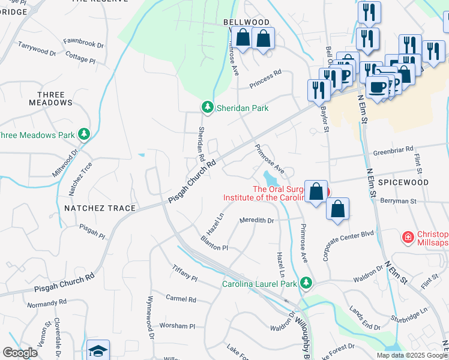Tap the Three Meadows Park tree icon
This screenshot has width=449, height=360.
(84, 134)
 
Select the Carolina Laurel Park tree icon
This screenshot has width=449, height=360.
(307, 282)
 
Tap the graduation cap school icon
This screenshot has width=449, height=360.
(98, 351)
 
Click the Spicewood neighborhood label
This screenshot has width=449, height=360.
(403, 182)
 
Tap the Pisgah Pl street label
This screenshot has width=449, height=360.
(92, 229)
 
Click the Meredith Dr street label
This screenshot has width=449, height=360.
(256, 220)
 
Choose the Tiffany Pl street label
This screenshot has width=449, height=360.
(184, 272)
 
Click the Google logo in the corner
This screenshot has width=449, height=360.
(19, 353)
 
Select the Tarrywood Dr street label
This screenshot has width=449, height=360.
(37, 49)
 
